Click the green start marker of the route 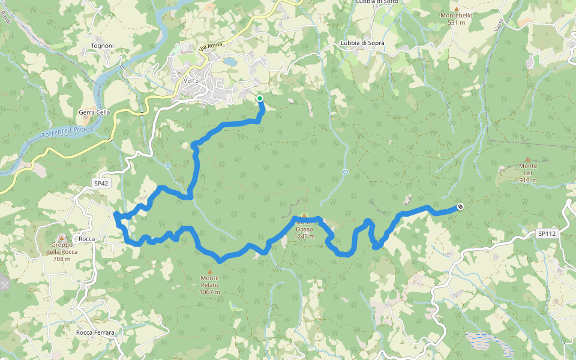[260, 98]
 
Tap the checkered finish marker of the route [460, 207]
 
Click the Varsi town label [192, 80]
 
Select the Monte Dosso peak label [304, 229]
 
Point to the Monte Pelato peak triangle [209, 271]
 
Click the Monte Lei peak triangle [528, 159]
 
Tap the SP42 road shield [101, 183]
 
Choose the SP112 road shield [547, 234]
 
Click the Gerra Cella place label [94, 112]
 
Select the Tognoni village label [102, 46]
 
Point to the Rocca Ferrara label [95, 332]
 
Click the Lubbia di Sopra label [362, 43]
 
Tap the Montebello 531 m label [457, 18]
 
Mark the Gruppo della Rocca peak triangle [62, 238]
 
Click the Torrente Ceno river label [64, 133]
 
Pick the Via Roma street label [211, 46]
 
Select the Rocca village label [87, 239]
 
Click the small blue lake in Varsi [230, 61]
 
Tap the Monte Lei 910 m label [528, 173]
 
